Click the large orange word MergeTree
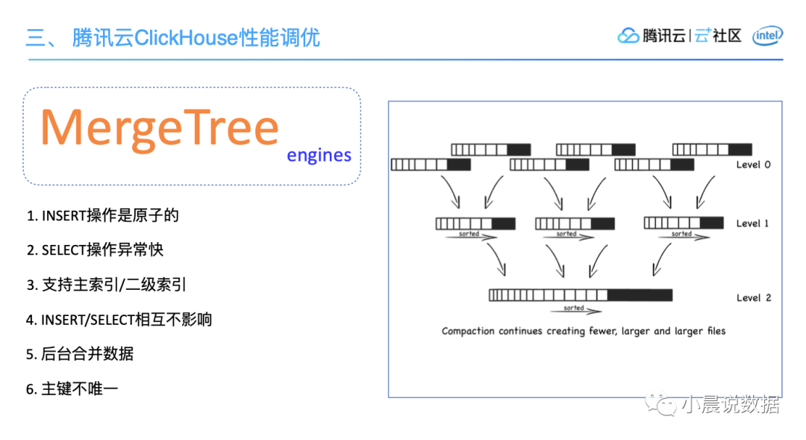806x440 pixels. point(160,128)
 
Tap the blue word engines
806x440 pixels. point(319,155)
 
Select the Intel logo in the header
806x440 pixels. point(767,35)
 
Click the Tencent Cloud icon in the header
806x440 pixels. point(628,35)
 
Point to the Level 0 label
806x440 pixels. point(753,164)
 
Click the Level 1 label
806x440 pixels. point(753,223)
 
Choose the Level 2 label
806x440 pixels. point(753,297)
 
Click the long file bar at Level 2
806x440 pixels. point(580,295)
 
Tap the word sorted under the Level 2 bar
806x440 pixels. point(574,308)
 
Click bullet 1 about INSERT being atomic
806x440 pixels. point(103,216)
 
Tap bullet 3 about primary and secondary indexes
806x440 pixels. point(107,285)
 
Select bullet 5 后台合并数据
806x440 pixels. point(80,354)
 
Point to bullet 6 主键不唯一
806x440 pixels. point(72,388)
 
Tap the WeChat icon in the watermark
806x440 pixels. point(660,405)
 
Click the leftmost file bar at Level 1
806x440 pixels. point(475,223)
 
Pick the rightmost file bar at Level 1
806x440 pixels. point(683,222)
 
